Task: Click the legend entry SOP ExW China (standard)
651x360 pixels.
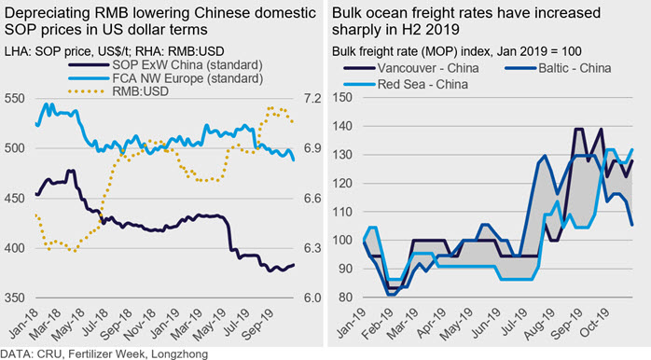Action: point(165,65)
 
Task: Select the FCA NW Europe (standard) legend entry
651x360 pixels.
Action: point(165,78)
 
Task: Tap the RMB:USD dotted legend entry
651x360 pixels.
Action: point(118,91)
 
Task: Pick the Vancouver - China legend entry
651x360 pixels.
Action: point(411,68)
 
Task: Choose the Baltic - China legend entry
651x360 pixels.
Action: point(558,68)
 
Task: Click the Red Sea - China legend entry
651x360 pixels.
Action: point(406,84)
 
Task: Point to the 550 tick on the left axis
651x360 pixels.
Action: point(15,99)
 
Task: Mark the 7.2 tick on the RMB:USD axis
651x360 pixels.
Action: point(312,99)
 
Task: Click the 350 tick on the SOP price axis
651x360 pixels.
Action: point(15,298)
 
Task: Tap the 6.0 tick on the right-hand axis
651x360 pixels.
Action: point(312,298)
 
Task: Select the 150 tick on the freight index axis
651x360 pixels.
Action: point(342,98)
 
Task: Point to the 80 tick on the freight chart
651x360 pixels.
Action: point(345,298)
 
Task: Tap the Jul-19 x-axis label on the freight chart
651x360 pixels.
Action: point(514,324)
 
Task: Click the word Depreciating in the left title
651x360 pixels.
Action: point(48,13)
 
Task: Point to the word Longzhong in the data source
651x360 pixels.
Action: point(179,354)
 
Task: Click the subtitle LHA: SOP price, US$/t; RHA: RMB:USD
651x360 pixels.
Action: point(115,51)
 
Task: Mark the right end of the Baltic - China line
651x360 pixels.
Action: point(632,225)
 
